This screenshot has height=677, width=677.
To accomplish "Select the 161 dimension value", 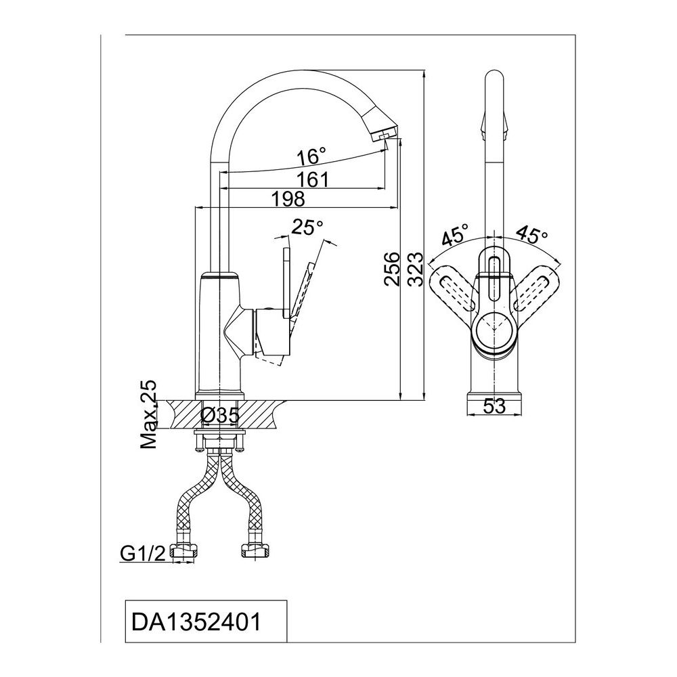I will pyautogui.click(x=313, y=179).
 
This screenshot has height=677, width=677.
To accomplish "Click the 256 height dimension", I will pyautogui.click(x=392, y=269).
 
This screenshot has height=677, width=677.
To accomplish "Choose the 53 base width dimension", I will pyautogui.click(x=494, y=406).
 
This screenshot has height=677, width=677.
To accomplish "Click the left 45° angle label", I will pyautogui.click(x=456, y=237).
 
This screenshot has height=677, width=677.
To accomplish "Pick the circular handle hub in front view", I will pyautogui.click(x=494, y=330).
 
